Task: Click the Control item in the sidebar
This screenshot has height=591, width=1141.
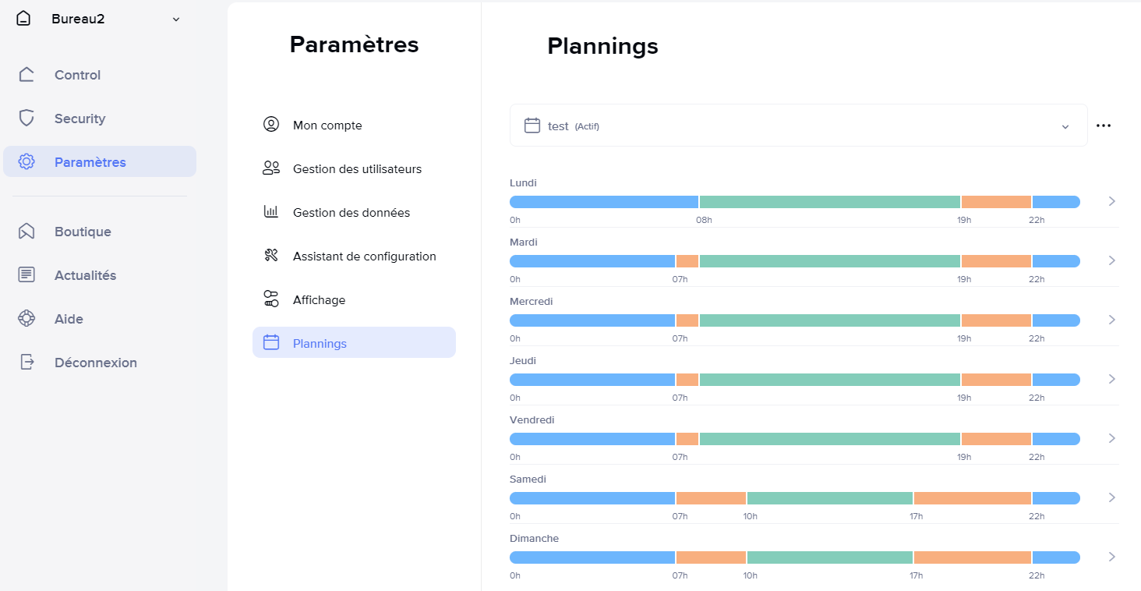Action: coord(77,75)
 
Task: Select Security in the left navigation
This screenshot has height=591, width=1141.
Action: coord(79,119)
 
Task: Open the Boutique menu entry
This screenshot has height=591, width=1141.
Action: coord(83,232)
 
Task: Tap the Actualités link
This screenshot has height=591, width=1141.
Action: coord(85,275)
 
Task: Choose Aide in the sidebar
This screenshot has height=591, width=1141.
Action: coord(69,319)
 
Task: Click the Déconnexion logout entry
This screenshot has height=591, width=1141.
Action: coord(95,363)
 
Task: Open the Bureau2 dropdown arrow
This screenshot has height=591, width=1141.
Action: coord(176,19)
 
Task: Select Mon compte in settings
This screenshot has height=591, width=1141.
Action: coord(327,126)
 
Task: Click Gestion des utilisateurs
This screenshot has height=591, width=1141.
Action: coord(357,169)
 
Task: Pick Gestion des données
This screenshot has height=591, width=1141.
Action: coord(351,213)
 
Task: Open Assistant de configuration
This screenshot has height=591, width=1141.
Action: coord(364,257)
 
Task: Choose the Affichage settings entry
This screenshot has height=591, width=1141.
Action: coord(319,300)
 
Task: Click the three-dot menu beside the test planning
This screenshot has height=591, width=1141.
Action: coord(1104,126)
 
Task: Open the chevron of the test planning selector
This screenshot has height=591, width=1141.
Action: coord(1065,126)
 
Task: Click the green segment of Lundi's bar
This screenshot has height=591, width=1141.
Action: coord(829,202)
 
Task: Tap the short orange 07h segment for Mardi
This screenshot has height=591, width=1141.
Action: coord(687,261)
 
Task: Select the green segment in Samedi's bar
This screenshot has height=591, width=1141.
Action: coord(829,498)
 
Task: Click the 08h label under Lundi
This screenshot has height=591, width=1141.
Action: coord(704,220)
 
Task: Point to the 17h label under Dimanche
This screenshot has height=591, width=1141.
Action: coord(916,575)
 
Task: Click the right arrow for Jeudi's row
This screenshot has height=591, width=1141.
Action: coord(1112,379)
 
